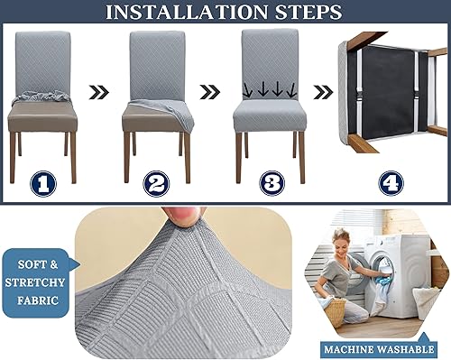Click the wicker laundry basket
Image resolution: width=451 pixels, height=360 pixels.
tap(335, 311)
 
